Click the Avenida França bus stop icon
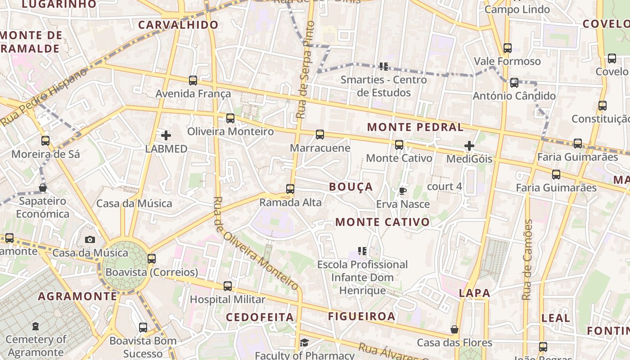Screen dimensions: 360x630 193,81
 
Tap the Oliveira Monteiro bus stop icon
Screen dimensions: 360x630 230,118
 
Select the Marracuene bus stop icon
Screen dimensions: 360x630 320,135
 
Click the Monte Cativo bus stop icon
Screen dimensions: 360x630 399,145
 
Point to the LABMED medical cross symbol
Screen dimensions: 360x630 166,135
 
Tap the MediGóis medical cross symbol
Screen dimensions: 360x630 469,146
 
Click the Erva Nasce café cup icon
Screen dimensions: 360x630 403,191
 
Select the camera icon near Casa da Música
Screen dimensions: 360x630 90,239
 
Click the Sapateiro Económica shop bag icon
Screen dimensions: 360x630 43,188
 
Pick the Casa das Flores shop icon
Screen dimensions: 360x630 454,330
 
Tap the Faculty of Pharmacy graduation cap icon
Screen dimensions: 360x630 304,343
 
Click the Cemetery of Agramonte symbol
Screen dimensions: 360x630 36,326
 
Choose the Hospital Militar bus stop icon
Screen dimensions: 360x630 228,286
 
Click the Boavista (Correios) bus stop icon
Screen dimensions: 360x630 152,259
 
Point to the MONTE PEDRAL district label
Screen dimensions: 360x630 415,127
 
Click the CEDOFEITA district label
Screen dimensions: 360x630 260,317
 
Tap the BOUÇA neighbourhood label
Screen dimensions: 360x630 351,187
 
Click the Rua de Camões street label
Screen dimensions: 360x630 527,260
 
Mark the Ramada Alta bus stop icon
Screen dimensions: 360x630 290,189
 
